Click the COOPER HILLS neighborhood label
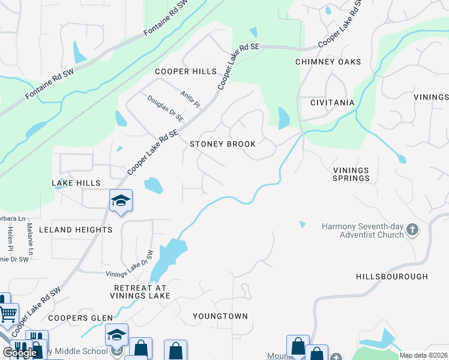[185, 71]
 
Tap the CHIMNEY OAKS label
[328, 62]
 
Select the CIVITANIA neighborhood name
[332, 103]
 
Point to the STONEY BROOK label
[223, 144]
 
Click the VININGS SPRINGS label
[351, 174]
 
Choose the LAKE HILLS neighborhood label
[76, 182]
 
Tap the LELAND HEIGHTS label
[76, 230]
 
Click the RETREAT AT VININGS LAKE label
[142, 292]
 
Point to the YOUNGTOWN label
[220, 316]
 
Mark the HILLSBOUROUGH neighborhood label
[392, 277]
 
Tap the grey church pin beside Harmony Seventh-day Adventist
[412, 229]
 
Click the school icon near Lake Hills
[121, 201]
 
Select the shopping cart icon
[8, 313]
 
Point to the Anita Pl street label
[190, 99]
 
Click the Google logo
[20, 353]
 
